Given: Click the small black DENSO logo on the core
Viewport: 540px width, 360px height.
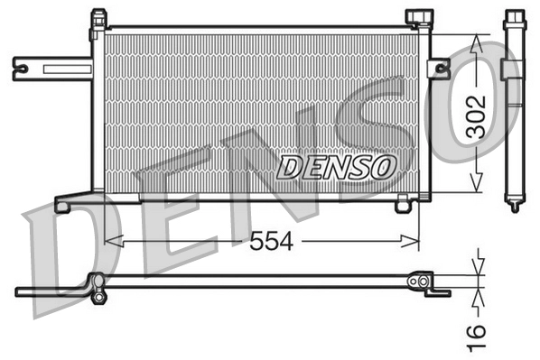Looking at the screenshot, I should [337, 165].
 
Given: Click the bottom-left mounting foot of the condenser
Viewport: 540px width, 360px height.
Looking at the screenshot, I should [63, 205].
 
